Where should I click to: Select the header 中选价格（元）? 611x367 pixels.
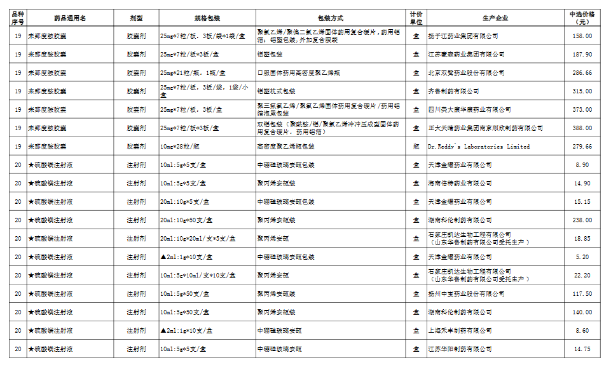pyautogui.click(x=582, y=18)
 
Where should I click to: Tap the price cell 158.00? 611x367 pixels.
pyautogui.click(x=582, y=36)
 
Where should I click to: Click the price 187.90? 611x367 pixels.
pyautogui.click(x=582, y=55)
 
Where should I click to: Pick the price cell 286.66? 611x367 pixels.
pyautogui.click(x=582, y=73)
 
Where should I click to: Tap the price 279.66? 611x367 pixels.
pyautogui.click(x=582, y=147)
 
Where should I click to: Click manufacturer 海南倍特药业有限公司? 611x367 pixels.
pyautogui.click(x=460, y=183)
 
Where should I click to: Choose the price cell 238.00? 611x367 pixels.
pyautogui.click(x=582, y=220)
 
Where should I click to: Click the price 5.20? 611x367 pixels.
pyautogui.click(x=582, y=257)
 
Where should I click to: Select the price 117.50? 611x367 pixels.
pyautogui.click(x=582, y=294)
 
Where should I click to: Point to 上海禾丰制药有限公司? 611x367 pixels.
pyautogui.click(x=460, y=331)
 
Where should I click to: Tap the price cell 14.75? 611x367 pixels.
pyautogui.click(x=582, y=349)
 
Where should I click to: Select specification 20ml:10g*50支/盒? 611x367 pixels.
pyautogui.click(x=186, y=220)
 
